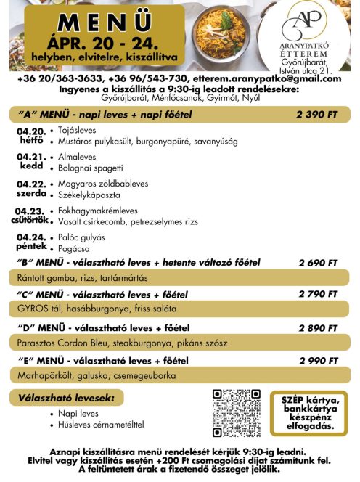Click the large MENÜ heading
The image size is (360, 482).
coord(95,20)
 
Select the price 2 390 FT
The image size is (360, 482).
coord(316,115)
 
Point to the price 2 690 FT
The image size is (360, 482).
coord(318,263)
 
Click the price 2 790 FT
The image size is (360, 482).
coord(318,294)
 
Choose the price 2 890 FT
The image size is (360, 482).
coord(318,328)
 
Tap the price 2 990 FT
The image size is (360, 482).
coord(318,360)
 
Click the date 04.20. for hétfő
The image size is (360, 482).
coord(30,131)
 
